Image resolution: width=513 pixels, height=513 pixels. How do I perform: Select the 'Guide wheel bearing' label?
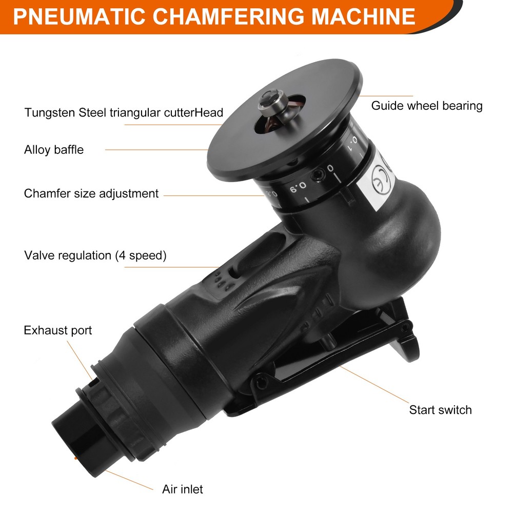pos(427,106)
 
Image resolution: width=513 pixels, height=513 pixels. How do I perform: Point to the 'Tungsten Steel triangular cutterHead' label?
pos(124,112)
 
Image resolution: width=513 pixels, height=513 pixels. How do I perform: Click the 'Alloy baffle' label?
pos(54,150)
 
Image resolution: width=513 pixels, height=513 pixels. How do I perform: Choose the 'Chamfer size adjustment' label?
pos(91,193)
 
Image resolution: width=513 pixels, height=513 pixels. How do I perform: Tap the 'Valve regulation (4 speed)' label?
pos(95,255)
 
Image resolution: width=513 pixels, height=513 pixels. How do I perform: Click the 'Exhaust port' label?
pos(58,330)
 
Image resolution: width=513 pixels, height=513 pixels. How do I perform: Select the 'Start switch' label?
pos(440,410)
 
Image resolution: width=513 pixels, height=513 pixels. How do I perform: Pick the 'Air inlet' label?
pos(183,489)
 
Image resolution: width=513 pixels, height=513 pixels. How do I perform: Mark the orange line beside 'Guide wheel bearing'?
pos(386,96)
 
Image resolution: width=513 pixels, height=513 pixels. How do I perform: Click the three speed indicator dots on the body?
pos(218,281)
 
